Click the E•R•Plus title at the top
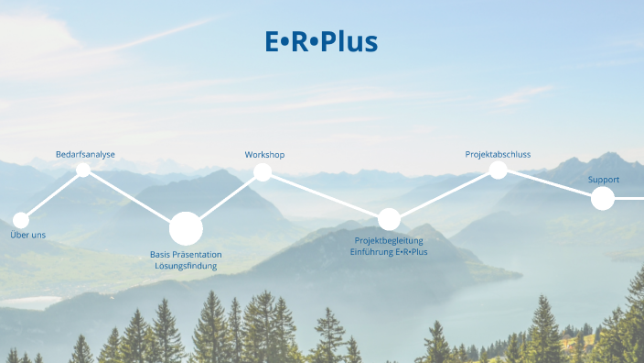[321, 41]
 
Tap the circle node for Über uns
[20, 220]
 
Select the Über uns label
[27, 236]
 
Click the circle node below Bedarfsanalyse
[83, 170]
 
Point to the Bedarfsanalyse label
[85, 154]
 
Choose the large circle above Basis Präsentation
[186, 227]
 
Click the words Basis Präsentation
[186, 254]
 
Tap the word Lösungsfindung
[186, 266]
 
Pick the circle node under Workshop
[263, 172]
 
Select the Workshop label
[264, 154]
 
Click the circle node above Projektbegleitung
[389, 219]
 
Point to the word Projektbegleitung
[389, 240]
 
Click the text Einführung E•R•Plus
[389, 252]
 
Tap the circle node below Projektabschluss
[499, 170]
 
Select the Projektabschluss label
[498, 154]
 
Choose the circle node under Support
[602, 198]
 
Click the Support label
[603, 180]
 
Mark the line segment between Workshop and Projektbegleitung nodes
[325, 195]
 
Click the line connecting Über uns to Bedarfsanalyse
[51, 195]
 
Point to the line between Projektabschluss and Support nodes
[549, 183]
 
